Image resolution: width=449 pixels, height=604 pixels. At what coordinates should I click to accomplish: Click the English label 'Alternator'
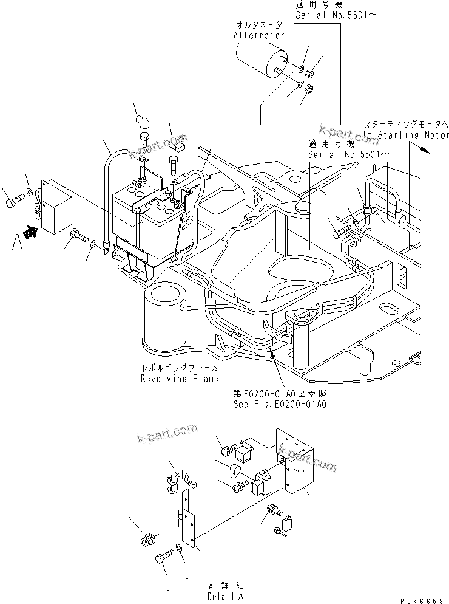tap(259, 36)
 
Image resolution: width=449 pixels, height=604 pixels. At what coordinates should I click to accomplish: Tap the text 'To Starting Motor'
tap(405, 135)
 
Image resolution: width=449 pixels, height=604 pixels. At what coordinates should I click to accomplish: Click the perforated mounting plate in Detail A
tap(295, 462)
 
